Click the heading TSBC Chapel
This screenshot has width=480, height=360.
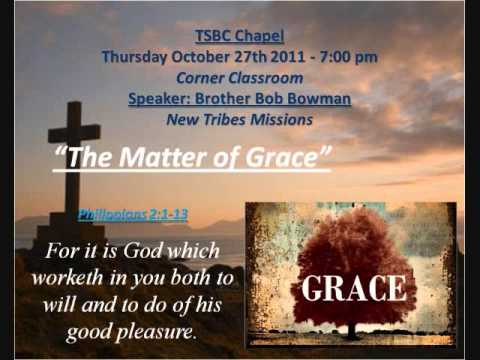239,37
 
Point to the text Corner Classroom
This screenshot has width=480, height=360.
239,78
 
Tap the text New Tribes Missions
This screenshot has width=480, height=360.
239,120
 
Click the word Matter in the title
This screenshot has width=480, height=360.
169,159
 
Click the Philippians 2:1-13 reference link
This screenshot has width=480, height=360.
133,214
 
